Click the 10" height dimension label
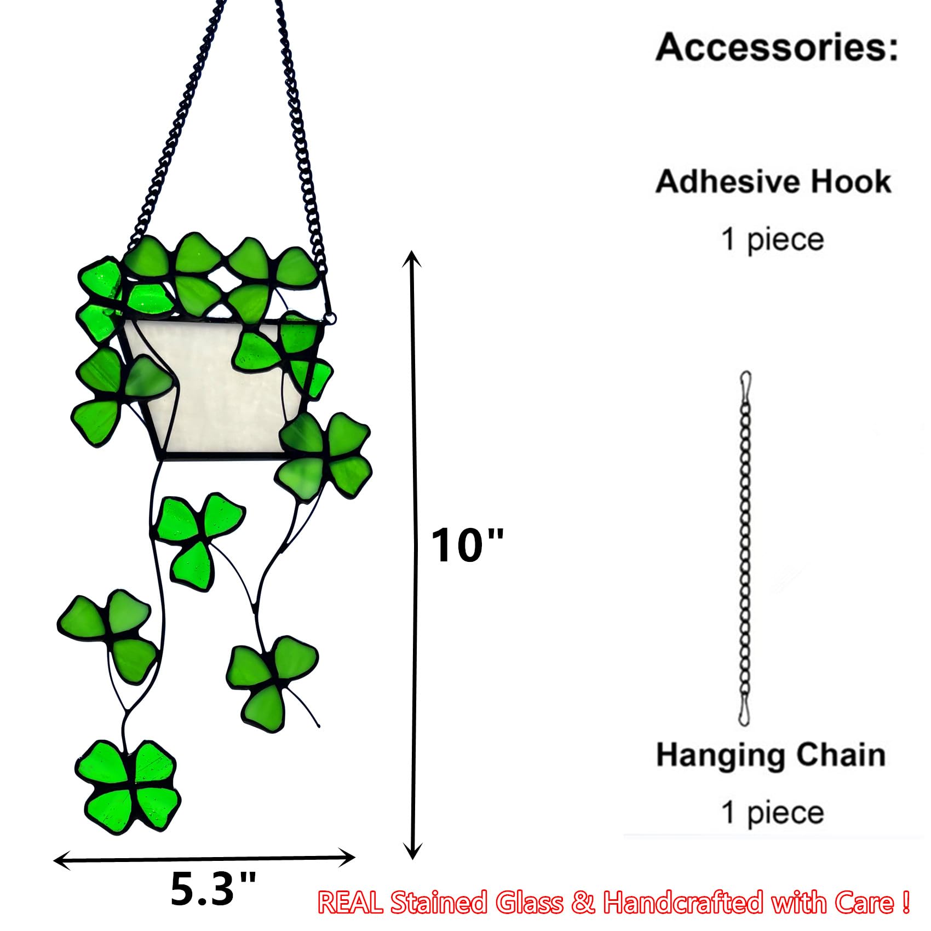point(466,545)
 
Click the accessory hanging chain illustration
point(745,548)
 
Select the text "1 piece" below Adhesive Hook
point(772,240)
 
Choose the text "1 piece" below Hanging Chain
point(772,812)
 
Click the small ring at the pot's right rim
point(330,318)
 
